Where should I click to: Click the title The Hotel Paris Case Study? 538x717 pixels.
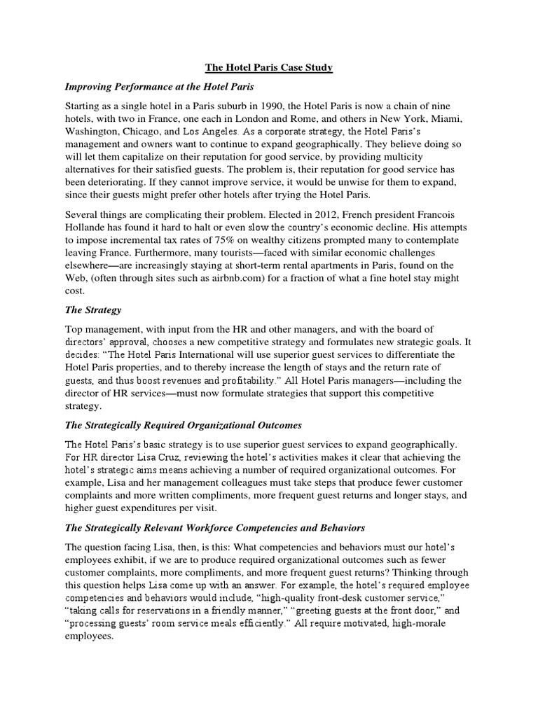point(269,68)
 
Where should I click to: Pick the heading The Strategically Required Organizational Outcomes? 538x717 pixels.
point(183,425)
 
